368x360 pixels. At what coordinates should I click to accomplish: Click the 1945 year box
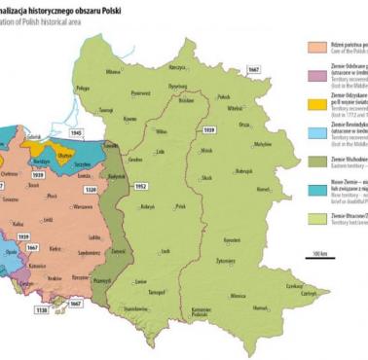click(77, 129)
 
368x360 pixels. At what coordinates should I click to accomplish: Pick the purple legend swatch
click(315, 75)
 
